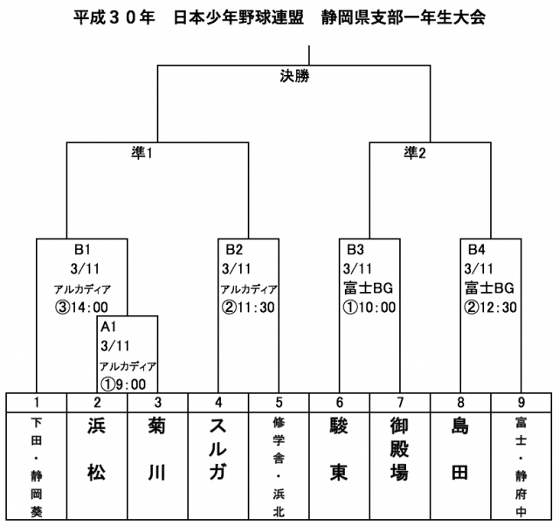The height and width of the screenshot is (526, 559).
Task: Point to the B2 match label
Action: coord(232,248)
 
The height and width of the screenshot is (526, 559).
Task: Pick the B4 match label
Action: coord(476,248)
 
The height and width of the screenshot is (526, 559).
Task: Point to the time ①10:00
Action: coord(370,307)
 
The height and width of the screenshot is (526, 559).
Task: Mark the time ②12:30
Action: coord(492,307)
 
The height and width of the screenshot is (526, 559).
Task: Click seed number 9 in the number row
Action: coord(522,402)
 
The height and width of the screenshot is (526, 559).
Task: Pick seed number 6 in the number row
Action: coord(340,402)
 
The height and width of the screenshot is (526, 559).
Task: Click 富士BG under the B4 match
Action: coord(488,287)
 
